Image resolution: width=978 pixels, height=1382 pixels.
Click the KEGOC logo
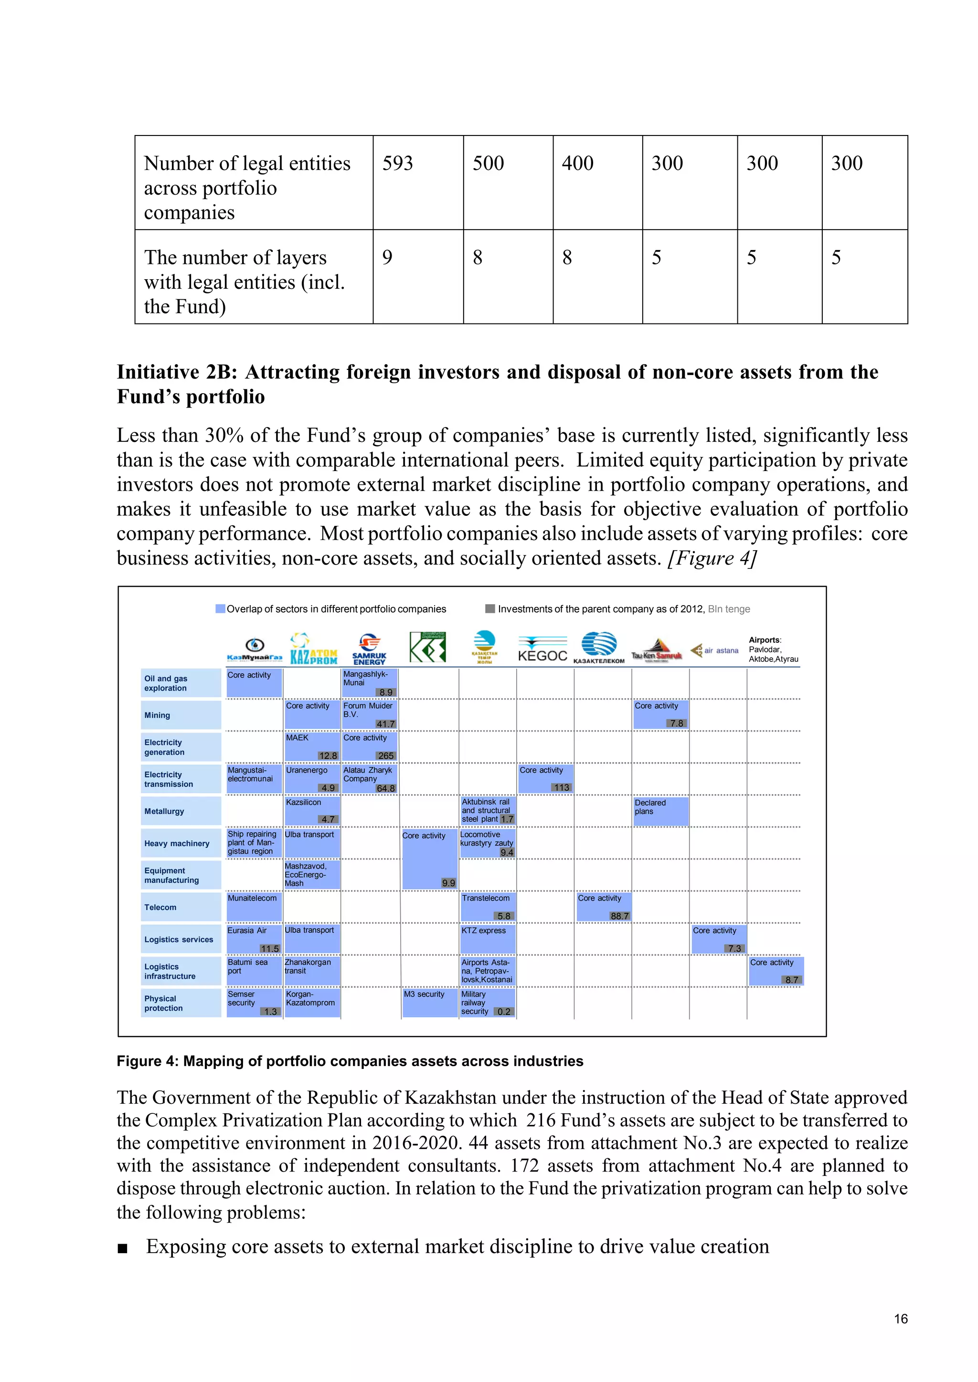pyautogui.click(x=542, y=649)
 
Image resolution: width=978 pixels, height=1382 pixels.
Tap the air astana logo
pyautogui.click(x=715, y=650)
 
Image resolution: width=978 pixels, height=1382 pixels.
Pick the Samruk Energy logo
pyautogui.click(x=369, y=649)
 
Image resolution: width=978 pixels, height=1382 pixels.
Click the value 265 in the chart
pyautogui.click(x=385, y=755)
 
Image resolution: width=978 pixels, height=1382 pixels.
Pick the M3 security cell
pyautogui.click(x=429, y=1002)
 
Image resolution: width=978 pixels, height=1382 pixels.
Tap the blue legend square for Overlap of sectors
pyautogui.click(x=221, y=608)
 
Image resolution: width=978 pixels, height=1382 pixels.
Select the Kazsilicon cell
pyautogui.click(x=312, y=810)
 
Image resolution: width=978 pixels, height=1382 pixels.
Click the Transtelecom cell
pyautogui.click(x=487, y=906)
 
